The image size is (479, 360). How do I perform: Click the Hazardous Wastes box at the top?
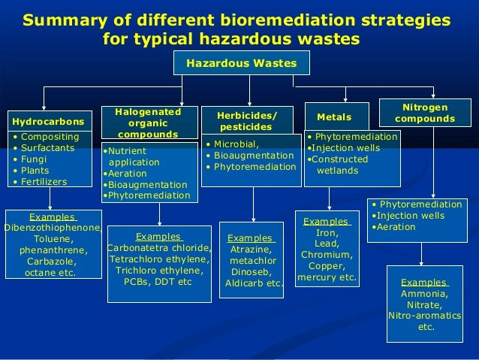click(242, 64)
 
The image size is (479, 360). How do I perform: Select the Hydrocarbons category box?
click(47, 120)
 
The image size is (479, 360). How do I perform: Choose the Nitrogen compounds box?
click(424, 113)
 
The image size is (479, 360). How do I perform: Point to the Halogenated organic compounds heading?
click(148, 123)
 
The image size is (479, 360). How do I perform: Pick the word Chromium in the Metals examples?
click(327, 254)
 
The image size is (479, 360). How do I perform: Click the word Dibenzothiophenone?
click(53, 228)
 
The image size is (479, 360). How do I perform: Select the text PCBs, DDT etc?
click(158, 281)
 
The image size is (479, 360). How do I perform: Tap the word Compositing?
click(50, 137)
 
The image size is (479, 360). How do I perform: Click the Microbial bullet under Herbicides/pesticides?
click(236, 144)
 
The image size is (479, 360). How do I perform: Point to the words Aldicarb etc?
click(253, 283)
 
